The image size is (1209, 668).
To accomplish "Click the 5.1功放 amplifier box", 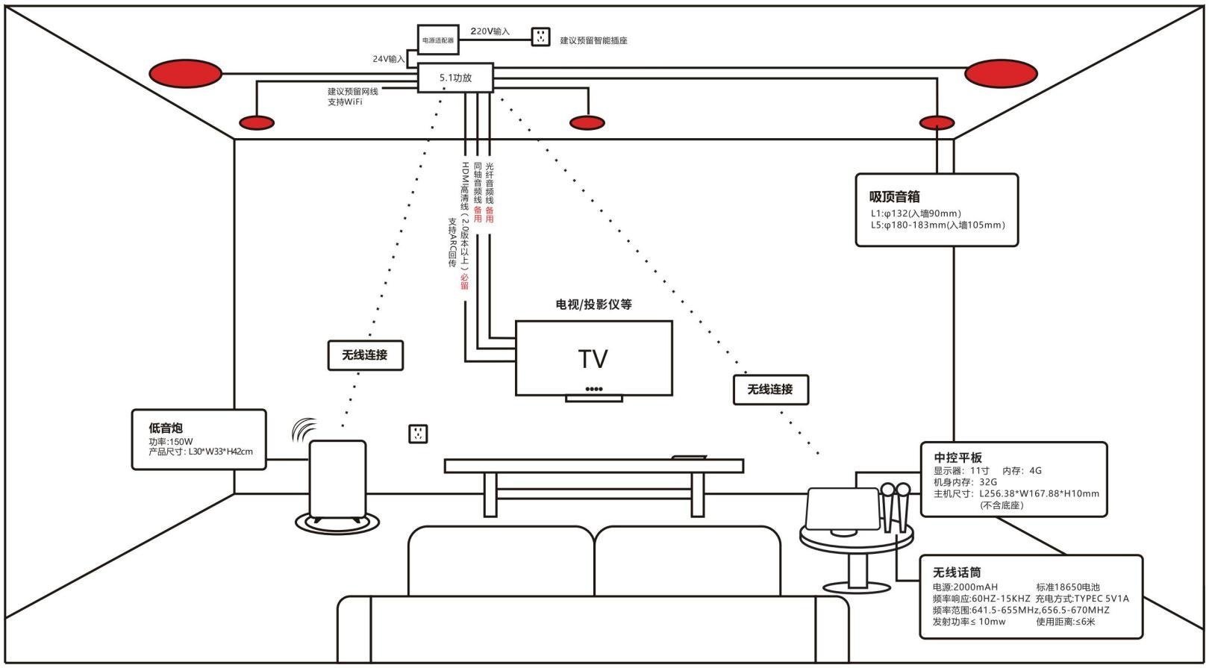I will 455,78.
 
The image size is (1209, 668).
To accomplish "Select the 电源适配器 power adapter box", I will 437,40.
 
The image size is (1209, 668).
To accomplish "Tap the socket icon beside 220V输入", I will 541,37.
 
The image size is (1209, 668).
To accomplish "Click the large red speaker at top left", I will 186,74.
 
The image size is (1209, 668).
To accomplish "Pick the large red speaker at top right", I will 1001,74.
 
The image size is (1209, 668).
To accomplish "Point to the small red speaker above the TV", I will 587,122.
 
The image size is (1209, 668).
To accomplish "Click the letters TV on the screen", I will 593,359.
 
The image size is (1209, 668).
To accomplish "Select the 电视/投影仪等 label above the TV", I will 593,305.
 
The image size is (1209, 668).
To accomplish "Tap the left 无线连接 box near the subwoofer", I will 365,355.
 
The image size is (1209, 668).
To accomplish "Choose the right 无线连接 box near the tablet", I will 770,390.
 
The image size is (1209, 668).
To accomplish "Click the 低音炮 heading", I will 166,428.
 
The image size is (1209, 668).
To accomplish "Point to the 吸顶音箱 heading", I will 894,197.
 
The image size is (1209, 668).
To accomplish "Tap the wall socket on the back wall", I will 419,434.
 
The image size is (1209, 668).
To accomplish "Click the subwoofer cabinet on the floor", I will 337,479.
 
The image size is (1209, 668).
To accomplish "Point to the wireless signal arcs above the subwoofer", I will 302,430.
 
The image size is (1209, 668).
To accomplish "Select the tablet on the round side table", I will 842,509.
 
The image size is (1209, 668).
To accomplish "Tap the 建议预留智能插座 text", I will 593,40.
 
